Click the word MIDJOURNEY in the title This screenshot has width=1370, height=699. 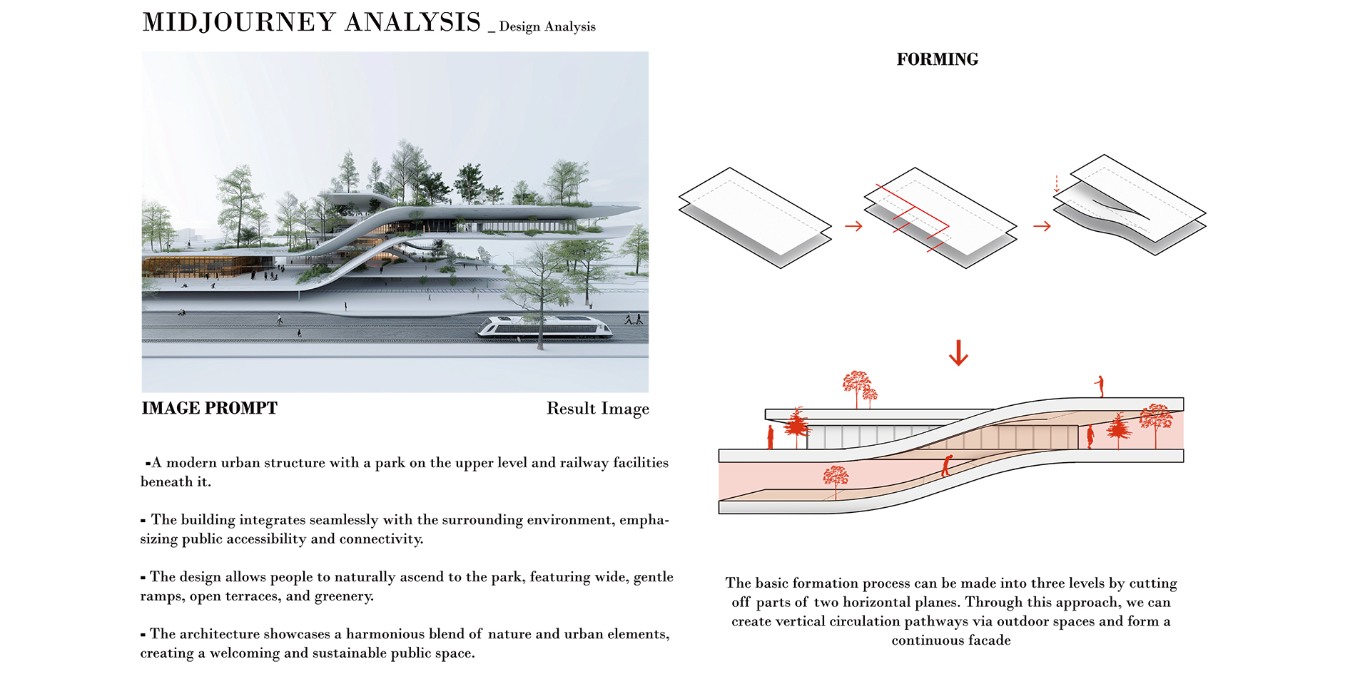pos(240,22)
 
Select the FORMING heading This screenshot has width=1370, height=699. pos(937,59)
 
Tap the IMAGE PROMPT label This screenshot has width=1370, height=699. pos(209,408)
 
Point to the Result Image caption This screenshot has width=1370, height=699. pos(598,409)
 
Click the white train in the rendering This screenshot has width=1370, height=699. pos(545,327)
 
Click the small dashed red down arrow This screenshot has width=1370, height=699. pos(1057,183)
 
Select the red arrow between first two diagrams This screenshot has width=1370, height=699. pos(853,226)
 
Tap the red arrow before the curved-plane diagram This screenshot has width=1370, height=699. pos(1042,226)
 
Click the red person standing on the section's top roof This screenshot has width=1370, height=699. pos(1100,386)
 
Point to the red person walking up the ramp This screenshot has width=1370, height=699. pos(946,466)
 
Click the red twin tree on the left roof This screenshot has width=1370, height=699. pos(859,388)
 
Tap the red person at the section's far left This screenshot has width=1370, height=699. pos(771,437)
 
